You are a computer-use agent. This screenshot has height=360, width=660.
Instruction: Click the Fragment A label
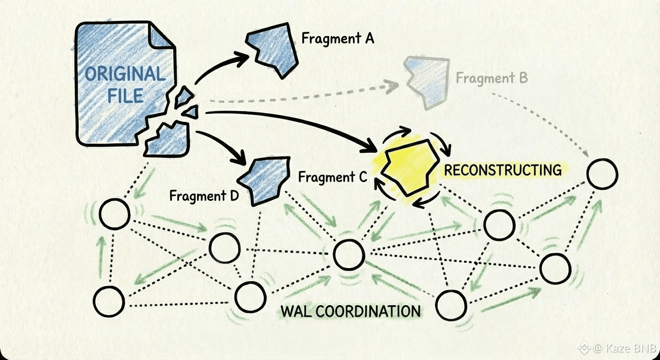click(x=337, y=38)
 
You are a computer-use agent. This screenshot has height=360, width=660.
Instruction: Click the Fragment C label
click(x=333, y=178)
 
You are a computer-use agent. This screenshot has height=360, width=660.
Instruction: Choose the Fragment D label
click(x=204, y=195)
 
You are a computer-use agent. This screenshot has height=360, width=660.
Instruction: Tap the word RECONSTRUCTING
click(x=502, y=170)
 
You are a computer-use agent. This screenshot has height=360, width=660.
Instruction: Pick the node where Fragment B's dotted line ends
click(x=602, y=173)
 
